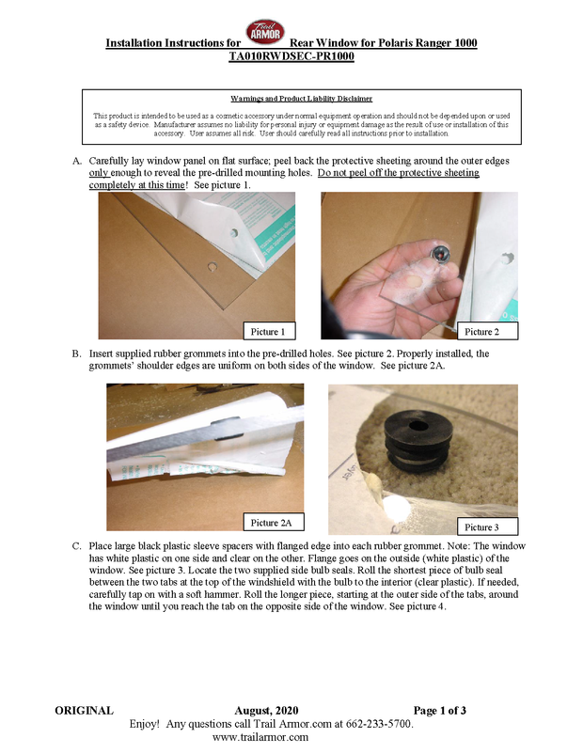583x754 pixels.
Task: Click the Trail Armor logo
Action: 265,32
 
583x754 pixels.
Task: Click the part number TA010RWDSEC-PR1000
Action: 291,56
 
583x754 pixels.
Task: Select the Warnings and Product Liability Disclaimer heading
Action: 302,99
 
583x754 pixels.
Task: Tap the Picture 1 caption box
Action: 269,331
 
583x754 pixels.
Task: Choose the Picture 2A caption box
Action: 274,522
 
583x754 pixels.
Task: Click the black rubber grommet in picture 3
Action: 418,445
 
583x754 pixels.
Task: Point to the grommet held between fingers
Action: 440,253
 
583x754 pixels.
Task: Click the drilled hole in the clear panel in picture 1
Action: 212,265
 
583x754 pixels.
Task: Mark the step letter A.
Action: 76,161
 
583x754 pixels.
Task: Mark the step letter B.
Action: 76,353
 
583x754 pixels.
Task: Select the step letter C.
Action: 76,546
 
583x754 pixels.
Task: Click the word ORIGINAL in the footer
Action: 85,710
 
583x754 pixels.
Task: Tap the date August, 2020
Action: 266,711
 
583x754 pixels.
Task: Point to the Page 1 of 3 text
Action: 440,710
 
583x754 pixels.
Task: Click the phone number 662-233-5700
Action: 387,724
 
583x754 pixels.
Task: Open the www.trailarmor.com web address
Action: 260,737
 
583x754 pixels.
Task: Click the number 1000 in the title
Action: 465,43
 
